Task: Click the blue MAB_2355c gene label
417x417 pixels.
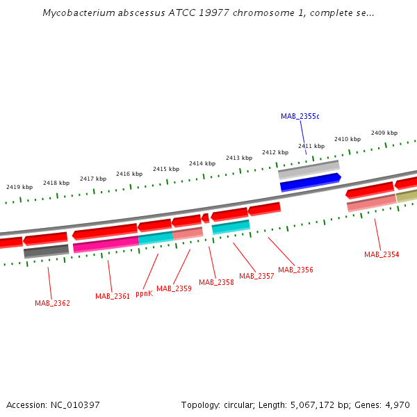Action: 300,116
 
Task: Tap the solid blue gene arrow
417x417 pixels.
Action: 310,182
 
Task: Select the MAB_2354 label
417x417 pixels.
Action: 382,254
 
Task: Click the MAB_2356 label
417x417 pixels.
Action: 295,270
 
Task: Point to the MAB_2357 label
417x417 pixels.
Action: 256,276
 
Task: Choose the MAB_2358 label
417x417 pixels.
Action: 216,282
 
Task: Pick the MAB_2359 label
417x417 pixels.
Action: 174,288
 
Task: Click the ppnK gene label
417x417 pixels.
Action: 144,293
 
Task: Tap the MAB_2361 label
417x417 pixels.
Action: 113,296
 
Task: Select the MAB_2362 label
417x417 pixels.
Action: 52,303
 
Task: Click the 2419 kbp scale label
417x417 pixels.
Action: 19,187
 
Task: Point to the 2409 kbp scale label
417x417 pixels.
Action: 384,133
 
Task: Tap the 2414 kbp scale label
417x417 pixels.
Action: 202,163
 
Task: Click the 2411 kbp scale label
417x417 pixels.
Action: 311,146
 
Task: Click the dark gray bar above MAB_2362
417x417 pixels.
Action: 47,251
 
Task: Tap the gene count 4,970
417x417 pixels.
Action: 396,404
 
